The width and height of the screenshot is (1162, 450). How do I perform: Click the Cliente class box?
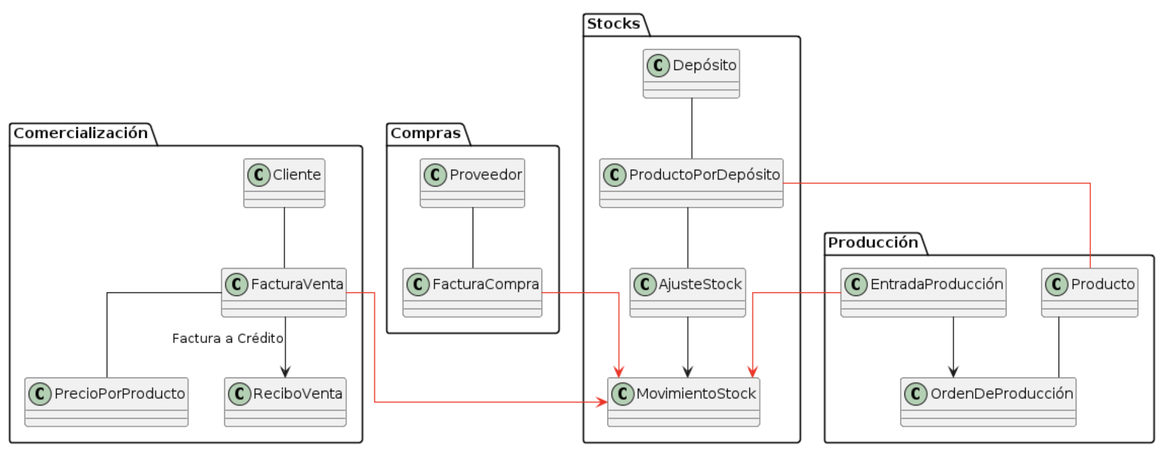tap(284, 183)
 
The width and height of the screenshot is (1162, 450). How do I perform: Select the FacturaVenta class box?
tap(284, 292)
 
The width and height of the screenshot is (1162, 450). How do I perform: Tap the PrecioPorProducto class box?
tap(106, 402)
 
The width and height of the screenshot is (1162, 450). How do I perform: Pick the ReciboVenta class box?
tap(285, 402)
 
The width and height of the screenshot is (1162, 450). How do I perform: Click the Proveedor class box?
tap(472, 183)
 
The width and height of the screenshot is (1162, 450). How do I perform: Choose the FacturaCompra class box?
tap(472, 292)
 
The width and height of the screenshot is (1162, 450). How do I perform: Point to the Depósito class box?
tap(691, 73)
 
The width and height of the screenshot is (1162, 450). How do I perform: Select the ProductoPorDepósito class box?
tap(691, 183)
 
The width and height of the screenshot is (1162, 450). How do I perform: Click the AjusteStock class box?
tap(687, 292)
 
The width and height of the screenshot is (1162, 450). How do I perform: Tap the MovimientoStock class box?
tap(683, 402)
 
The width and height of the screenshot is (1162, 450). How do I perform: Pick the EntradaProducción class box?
tap(923, 292)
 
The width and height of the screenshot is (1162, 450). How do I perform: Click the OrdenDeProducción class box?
tap(988, 402)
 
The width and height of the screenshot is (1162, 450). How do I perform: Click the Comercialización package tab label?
tap(81, 133)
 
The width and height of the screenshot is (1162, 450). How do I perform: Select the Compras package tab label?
tap(425, 133)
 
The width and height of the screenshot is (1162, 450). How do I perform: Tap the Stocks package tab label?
tap(613, 24)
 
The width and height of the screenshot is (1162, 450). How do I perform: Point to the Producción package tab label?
tap(873, 243)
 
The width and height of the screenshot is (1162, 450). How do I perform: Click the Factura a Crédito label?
tap(227, 339)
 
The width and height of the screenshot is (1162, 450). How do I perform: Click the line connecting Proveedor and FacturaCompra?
tap(473, 238)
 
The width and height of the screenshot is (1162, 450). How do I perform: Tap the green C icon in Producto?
tap(1057, 285)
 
